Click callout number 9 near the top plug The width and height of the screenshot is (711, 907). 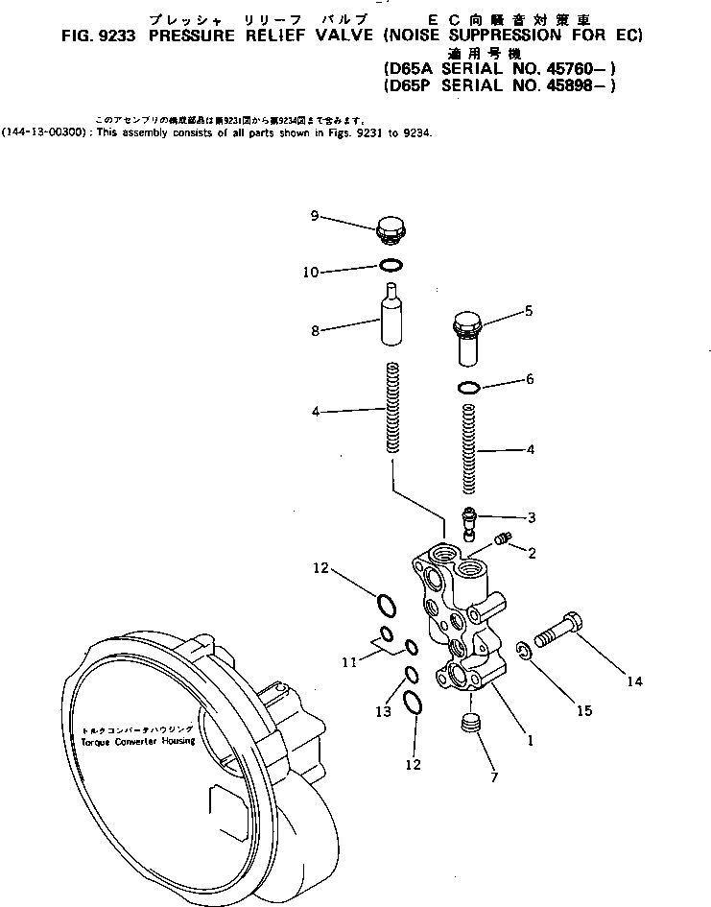(x=315, y=216)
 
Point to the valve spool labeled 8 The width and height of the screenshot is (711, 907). (x=391, y=317)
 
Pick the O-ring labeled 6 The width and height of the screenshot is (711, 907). (x=468, y=388)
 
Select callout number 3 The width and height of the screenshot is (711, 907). (x=531, y=517)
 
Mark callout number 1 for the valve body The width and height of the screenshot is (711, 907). (x=530, y=740)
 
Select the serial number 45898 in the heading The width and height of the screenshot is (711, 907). (x=571, y=85)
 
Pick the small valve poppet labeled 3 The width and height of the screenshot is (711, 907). (x=469, y=521)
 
